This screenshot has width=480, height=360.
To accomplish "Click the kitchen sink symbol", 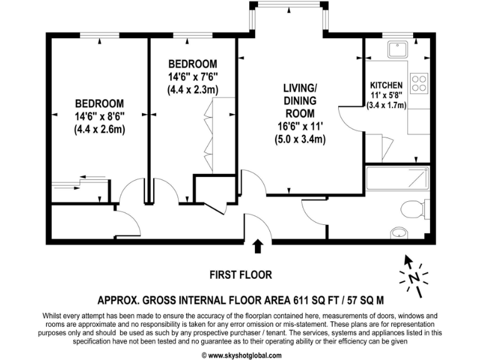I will pos(396,48).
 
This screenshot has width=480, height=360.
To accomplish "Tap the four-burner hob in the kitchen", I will pos(418,82).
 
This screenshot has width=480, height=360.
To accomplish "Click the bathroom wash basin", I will pos(399,233).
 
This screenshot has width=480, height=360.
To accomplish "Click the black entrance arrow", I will pos(257,247).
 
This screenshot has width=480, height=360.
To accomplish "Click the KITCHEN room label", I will pos(386,85).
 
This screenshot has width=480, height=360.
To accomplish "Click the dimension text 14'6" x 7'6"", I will pos(192,77).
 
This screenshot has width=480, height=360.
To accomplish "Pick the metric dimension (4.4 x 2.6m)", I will pos(99,129).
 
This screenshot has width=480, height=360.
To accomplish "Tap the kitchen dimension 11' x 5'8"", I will pos(386,96).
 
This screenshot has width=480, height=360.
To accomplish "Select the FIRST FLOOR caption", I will pos(240,274).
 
